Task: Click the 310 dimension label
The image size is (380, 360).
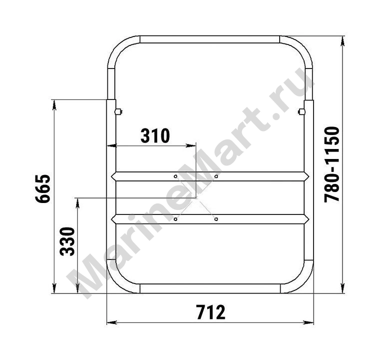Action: [155, 135]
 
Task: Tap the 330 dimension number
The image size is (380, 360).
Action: [67, 241]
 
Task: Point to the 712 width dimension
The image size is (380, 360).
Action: [211, 312]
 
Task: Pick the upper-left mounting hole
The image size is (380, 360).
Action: [175, 176]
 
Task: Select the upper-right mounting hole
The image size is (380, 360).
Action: [216, 176]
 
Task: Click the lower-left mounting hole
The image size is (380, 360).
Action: [175, 219]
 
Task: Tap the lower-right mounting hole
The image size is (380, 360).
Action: [216, 219]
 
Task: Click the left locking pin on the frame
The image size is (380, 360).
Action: [118, 112]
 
